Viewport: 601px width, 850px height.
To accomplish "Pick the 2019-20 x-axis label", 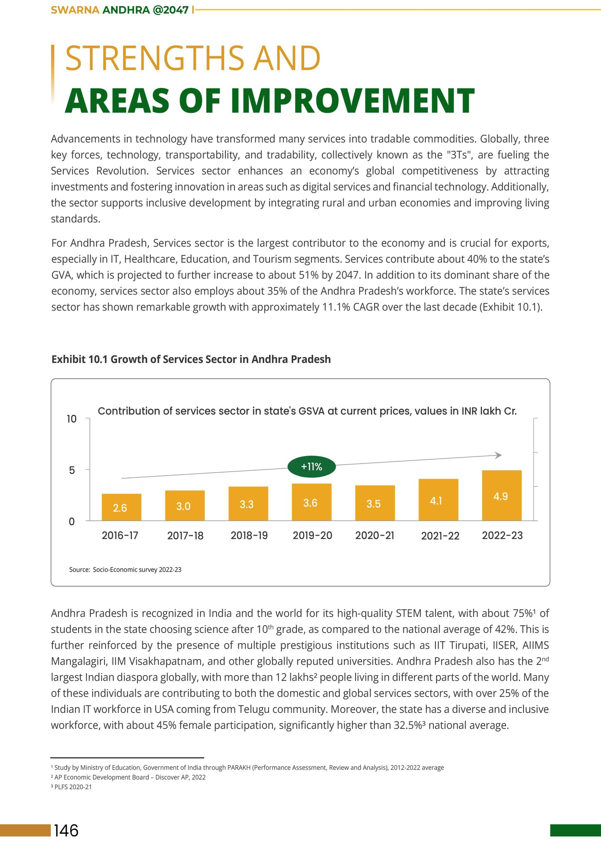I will pos(312,535).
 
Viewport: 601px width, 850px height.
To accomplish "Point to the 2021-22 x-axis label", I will pos(440,536).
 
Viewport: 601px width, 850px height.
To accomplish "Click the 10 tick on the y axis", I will pos(71,419).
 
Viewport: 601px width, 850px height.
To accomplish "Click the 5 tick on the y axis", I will pos(72,470).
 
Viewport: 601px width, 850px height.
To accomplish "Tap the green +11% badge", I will pos(311,467).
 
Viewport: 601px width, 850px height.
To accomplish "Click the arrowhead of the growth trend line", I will pos(498,455).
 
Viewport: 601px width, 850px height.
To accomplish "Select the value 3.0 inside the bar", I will pos(183,506).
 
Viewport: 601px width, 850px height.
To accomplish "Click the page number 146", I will pos(66,830).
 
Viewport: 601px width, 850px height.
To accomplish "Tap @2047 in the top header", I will pos(170,10).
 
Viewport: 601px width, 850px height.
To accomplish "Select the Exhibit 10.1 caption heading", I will pos(191,359).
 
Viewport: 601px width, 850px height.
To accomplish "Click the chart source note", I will pos(125,570).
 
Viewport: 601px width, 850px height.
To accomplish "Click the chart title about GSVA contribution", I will pos(307,411).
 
